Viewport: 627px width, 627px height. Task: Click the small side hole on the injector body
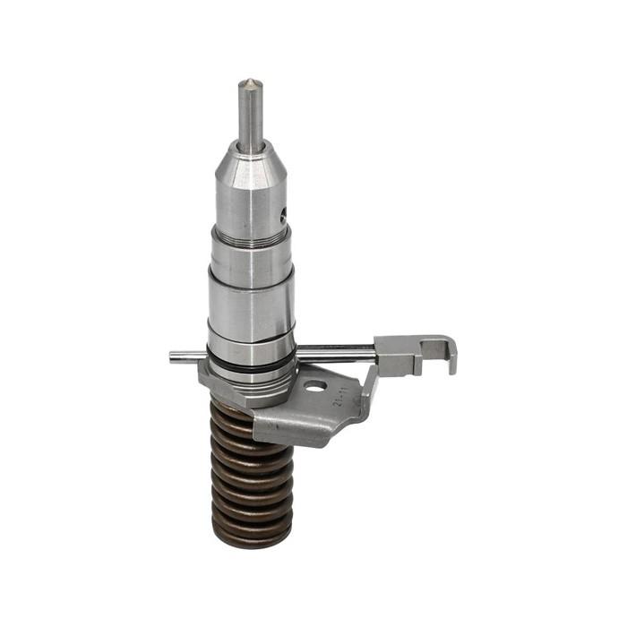(x=284, y=216)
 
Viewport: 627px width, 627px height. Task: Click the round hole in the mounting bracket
(x=314, y=387)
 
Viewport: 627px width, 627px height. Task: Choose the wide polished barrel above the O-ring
(x=251, y=309)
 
